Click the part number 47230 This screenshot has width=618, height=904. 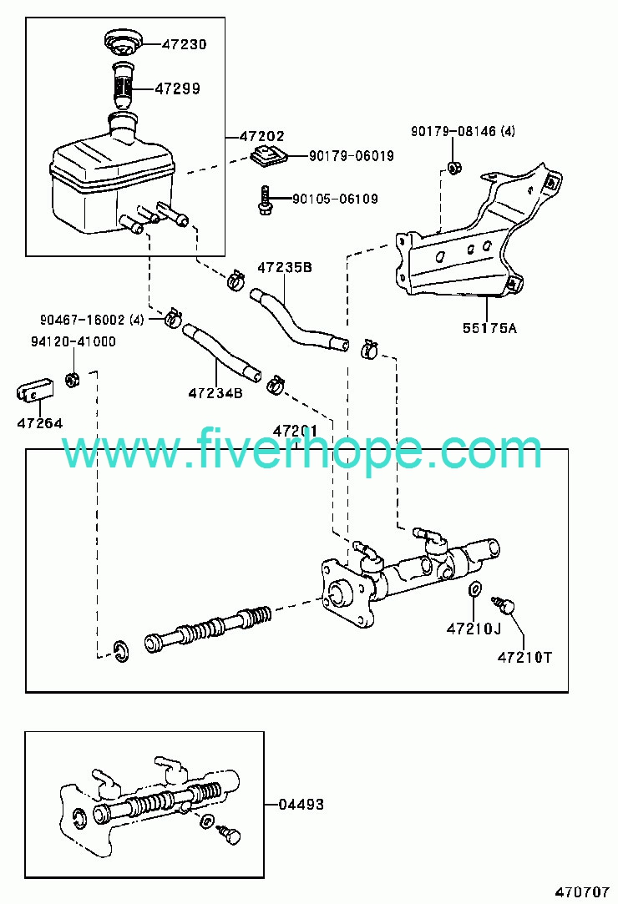[x=184, y=44]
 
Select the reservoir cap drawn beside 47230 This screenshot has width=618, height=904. [x=122, y=43]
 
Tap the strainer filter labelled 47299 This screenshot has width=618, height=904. [x=122, y=85]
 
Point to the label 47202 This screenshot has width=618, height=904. [x=262, y=136]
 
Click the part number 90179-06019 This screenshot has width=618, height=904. [x=352, y=155]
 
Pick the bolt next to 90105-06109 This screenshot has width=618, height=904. [x=265, y=200]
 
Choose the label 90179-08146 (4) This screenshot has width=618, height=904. [x=463, y=131]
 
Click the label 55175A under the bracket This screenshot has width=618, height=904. [x=490, y=328]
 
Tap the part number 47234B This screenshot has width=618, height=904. [x=215, y=393]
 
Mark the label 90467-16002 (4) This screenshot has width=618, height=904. [x=92, y=320]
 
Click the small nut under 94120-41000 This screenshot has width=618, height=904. [x=72, y=380]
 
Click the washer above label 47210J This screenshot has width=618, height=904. [x=474, y=589]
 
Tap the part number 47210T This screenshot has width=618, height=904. [x=524, y=657]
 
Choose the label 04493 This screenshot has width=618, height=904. [x=301, y=804]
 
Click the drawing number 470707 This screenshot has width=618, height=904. [x=583, y=891]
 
